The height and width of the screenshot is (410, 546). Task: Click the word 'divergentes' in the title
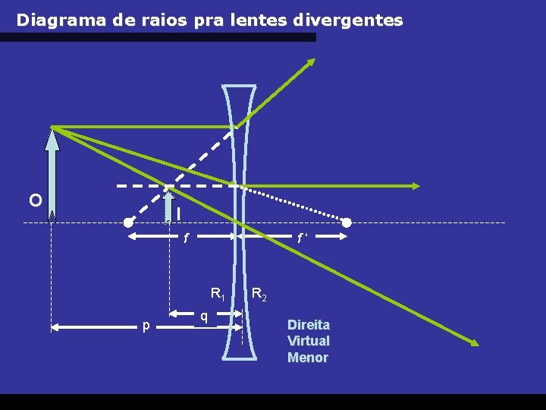353,20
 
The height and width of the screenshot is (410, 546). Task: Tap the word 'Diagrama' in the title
60,20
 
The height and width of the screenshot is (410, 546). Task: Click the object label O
35,200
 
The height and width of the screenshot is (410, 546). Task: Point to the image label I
178,215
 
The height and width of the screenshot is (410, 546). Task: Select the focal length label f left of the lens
187,238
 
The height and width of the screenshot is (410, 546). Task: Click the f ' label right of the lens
301,238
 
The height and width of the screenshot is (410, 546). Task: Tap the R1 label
217,293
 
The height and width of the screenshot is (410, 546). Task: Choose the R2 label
259,293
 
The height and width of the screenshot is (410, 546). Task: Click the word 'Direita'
308,324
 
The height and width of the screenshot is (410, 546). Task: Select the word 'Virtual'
308,341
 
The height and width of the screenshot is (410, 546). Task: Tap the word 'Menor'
308,358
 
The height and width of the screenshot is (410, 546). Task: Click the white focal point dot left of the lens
129,222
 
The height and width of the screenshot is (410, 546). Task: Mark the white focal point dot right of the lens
347,222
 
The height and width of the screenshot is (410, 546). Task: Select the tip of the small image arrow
168,190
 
